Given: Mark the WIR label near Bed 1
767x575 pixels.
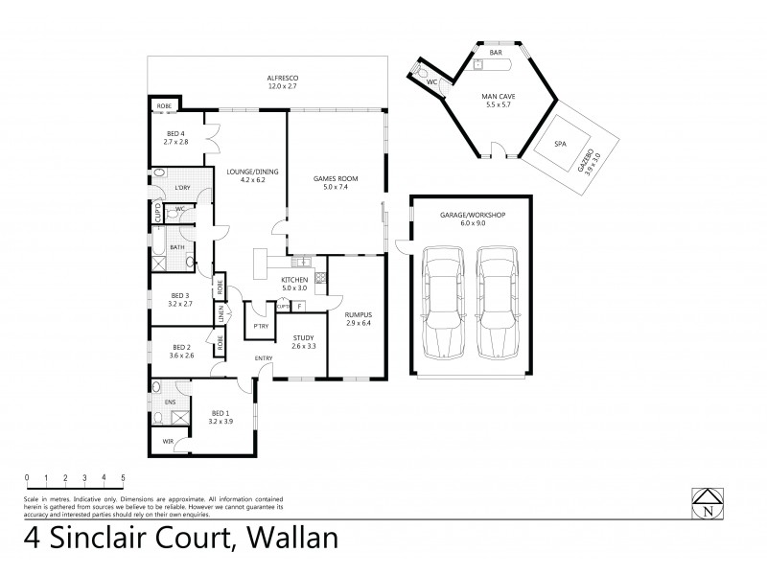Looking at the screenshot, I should pos(169,442).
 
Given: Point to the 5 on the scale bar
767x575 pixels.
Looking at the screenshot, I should pos(123,477).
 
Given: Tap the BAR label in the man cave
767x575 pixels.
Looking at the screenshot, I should pos(495,54).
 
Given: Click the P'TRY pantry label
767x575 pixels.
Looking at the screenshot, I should pos(259,327).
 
